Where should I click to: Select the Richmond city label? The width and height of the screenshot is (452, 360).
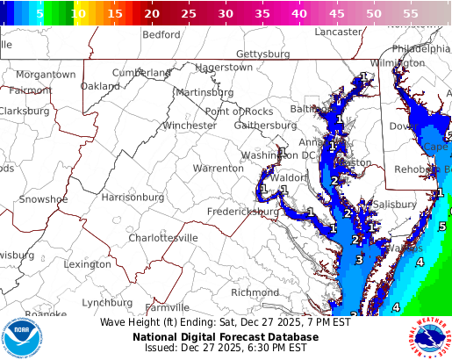255,292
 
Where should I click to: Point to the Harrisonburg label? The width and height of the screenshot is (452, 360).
133,198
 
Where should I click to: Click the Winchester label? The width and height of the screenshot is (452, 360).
189,126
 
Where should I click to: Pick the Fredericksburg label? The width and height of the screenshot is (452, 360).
243,212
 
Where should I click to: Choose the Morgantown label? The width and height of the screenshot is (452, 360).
46,75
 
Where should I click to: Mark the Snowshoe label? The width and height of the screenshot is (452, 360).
44,199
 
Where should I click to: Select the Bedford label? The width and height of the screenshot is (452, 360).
161,35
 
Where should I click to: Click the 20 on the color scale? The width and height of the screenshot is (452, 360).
152,14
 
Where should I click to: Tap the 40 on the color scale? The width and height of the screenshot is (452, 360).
299,14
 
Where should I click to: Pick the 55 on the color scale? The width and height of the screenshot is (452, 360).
410,14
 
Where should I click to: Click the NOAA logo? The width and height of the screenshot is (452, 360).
20,336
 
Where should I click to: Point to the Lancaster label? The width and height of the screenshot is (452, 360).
338,32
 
